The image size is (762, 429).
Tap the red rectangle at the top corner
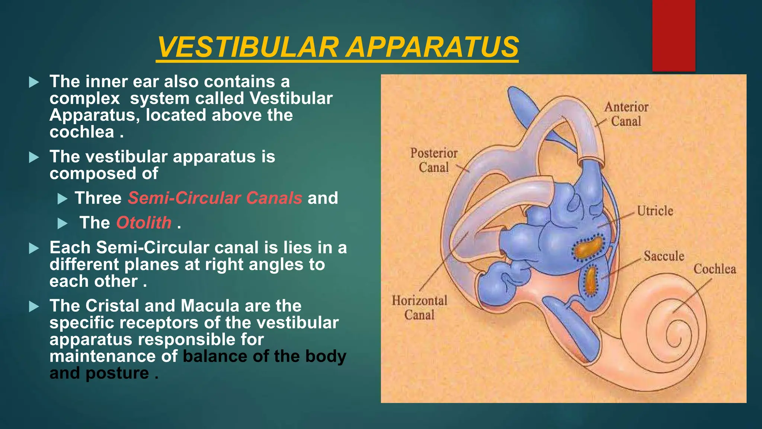click(x=673, y=35)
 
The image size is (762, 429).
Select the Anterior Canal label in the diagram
click(x=626, y=114)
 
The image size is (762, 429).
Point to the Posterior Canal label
click(x=434, y=160)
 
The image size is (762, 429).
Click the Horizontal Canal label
click(x=419, y=308)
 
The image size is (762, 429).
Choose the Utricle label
click(x=655, y=211)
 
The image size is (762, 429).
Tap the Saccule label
click(x=664, y=256)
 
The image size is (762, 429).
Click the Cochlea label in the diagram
click(x=714, y=269)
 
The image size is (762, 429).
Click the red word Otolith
click(x=144, y=223)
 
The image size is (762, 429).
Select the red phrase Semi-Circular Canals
click(x=215, y=198)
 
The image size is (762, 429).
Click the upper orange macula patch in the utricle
click(x=588, y=248)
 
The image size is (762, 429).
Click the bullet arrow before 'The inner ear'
click(x=34, y=82)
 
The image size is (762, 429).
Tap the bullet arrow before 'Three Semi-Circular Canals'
click(x=63, y=198)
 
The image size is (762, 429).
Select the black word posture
click(x=117, y=373)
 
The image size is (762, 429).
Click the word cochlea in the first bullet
click(x=82, y=132)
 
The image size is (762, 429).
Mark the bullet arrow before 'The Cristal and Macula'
click(x=34, y=306)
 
